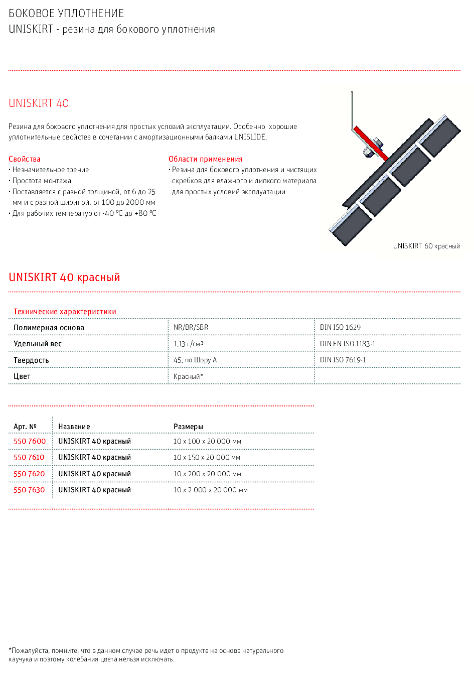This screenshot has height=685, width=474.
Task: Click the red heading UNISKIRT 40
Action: click(39, 103)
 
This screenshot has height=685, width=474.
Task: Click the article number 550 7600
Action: click(30, 441)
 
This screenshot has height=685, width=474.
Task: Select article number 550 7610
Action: click(29, 457)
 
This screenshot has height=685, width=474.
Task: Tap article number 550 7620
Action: click(29, 474)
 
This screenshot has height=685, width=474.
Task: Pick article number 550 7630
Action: click(29, 490)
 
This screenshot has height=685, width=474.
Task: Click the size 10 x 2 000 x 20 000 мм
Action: click(210, 490)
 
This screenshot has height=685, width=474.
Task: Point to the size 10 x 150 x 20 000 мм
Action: click(207, 457)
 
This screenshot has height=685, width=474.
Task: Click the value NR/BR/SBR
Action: click(191, 327)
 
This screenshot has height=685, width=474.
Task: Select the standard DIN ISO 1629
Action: click(340, 327)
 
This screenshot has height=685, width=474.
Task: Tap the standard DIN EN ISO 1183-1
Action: click(348, 344)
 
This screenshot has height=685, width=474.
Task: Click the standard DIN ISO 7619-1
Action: click(343, 360)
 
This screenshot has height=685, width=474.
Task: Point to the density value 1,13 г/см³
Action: click(188, 344)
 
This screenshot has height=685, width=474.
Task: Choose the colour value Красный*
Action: click(188, 376)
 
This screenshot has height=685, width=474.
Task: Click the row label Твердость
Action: click(31, 360)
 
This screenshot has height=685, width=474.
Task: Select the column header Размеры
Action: click(188, 427)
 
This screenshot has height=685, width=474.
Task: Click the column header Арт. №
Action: click(25, 427)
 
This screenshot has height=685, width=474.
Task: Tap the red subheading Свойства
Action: click(25, 159)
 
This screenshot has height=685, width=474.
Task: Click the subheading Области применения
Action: click(206, 159)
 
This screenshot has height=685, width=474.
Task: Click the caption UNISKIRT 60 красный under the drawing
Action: click(426, 246)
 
